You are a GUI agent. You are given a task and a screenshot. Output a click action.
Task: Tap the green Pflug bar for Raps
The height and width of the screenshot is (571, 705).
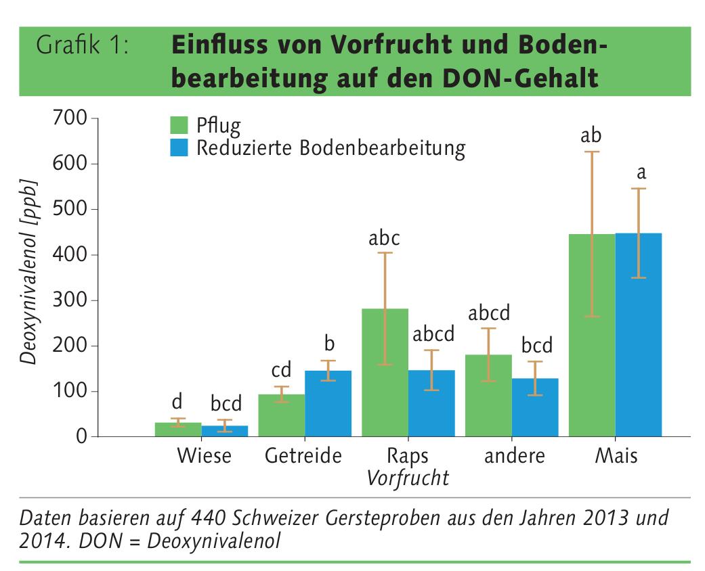[385, 372]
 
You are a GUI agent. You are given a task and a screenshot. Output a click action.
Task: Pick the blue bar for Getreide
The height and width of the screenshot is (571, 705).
[328, 403]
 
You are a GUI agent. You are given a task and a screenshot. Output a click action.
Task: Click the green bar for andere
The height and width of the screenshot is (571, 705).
[488, 395]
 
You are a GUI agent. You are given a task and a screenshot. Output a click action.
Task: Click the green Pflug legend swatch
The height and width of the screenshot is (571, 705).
[179, 125]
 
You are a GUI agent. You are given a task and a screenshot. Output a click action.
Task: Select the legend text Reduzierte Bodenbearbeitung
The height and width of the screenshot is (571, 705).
[330, 148]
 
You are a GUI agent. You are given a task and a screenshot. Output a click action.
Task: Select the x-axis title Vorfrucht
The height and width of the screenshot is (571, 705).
[408, 478]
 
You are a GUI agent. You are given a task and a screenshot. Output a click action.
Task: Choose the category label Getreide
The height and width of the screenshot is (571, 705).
[303, 456]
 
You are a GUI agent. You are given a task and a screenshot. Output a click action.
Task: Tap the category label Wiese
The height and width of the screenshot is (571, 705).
[204, 456]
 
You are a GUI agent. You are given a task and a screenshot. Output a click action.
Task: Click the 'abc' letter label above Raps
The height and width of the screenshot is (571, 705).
[384, 238]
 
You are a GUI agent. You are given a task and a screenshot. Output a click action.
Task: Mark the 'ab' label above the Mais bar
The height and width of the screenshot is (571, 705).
[591, 136]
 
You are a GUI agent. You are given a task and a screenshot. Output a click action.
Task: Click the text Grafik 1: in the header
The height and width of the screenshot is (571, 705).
[82, 47]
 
